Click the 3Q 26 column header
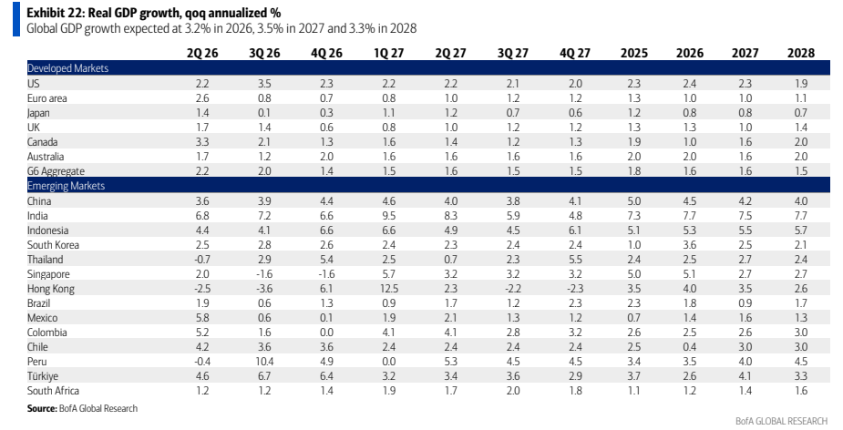click(264, 53)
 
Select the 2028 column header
click(800, 53)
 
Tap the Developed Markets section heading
click(67, 68)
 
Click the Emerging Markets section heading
click(66, 186)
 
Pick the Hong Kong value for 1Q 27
click(388, 289)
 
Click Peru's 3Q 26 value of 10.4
click(264, 362)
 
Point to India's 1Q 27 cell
click(388, 216)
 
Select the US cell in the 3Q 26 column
click(264, 84)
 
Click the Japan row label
click(38, 113)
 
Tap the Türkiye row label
click(43, 376)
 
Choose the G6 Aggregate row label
click(56, 171)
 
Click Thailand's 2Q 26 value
click(202, 260)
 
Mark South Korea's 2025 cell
click(634, 245)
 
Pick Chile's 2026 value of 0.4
click(689, 347)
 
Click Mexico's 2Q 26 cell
click(202, 318)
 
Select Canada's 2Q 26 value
click(202, 142)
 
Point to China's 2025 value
click(634, 201)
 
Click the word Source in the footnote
click(40, 408)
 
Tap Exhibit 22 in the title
click(56, 13)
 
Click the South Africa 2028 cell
click(800, 391)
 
